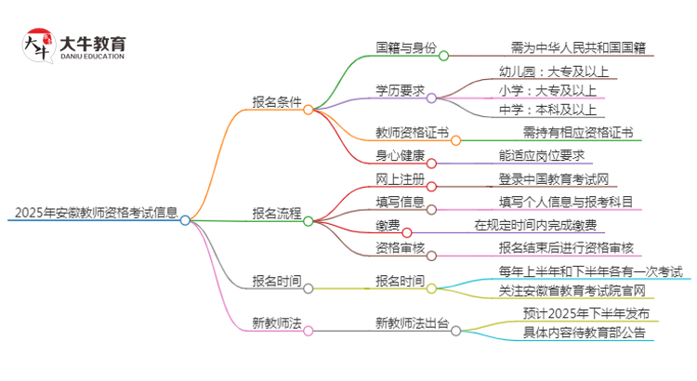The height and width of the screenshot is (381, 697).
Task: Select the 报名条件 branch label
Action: click(276, 102)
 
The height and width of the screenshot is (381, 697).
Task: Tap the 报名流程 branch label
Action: click(276, 213)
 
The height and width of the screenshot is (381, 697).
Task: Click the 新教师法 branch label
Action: click(276, 322)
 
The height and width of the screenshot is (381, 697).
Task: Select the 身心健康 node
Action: click(400, 155)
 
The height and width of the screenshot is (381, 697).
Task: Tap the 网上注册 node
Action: click(400, 178)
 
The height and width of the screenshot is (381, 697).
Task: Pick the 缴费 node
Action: click(388, 224)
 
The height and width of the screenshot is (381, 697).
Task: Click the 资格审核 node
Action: click(400, 247)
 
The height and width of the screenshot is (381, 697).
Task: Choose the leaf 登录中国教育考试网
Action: click(554, 178)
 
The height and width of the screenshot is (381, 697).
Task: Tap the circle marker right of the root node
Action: click(185, 220)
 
